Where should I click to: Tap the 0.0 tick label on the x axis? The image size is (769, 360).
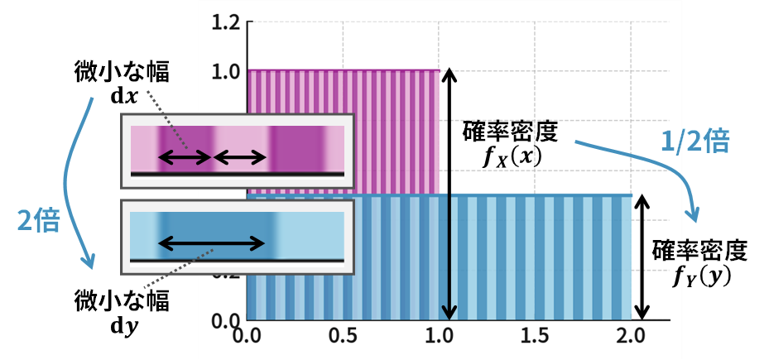tap(246, 337)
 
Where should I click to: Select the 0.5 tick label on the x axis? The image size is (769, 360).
tap(343, 337)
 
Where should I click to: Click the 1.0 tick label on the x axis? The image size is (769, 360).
tap(439, 337)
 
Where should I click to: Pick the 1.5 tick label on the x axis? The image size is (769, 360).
tap(535, 337)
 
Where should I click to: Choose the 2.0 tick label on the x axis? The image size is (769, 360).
tap(632, 337)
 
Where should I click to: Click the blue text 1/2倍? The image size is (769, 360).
tap(696, 142)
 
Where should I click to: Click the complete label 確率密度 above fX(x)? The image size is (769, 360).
tap(512, 131)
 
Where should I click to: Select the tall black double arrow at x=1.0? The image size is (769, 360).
tap(448, 194)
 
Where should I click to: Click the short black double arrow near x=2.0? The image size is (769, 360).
tap(638, 257)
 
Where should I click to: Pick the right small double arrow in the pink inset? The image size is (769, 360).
tap(241, 156)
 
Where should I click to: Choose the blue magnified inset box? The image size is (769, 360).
tap(238, 237)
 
